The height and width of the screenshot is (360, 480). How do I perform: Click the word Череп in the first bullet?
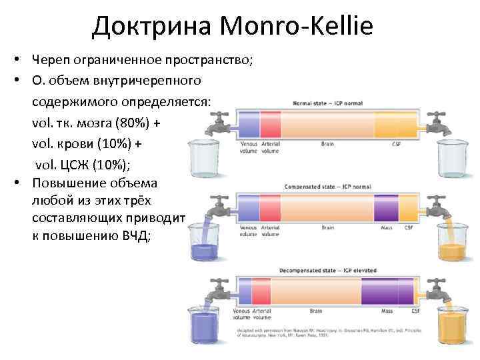[x=49, y=61]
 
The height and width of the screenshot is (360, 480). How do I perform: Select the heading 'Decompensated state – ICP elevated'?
[x=330, y=271]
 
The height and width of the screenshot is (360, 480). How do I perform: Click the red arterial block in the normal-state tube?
[x=271, y=125]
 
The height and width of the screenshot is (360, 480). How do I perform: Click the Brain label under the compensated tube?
[x=327, y=227]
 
